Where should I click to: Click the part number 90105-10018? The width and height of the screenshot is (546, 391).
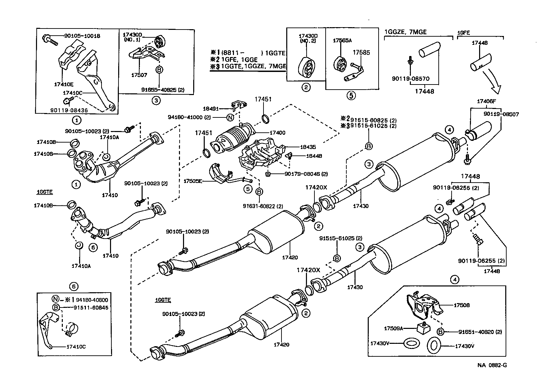[x=82, y=36]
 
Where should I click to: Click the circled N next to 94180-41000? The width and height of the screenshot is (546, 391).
[x=230, y=117]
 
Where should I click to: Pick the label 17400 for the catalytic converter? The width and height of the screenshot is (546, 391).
[x=278, y=133]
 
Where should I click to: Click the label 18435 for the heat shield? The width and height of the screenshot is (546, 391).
[x=308, y=147]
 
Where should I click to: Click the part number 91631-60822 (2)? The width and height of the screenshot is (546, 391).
[x=263, y=206]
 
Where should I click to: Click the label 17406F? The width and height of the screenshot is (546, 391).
[x=487, y=101]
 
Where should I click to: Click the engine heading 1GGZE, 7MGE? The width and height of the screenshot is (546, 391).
[x=405, y=32]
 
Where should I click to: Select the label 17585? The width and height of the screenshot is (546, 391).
[x=361, y=53]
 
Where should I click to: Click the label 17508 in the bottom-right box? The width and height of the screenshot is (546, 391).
[x=462, y=305]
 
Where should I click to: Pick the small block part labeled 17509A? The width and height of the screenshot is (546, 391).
[x=422, y=328]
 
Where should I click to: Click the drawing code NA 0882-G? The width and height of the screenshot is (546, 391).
[x=492, y=365]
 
